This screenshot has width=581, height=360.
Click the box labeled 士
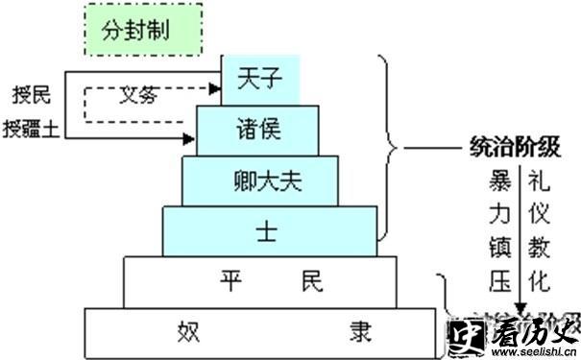coord(268,230)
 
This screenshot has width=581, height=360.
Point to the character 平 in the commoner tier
coord(229,280)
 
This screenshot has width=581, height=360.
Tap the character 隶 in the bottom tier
coord(357,331)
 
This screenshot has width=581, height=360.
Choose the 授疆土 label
coord(33,128)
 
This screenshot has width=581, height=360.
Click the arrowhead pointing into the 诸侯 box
coord(191,138)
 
